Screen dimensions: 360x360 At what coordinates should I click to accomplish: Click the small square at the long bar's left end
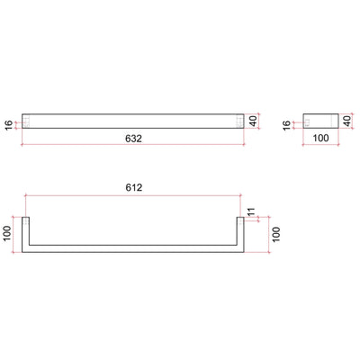click(27, 119)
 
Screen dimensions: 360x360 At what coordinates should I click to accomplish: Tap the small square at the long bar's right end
click(239, 119)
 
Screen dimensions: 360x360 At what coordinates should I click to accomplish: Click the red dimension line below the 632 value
click(134, 146)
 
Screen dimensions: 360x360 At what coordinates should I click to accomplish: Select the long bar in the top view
click(134, 119)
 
